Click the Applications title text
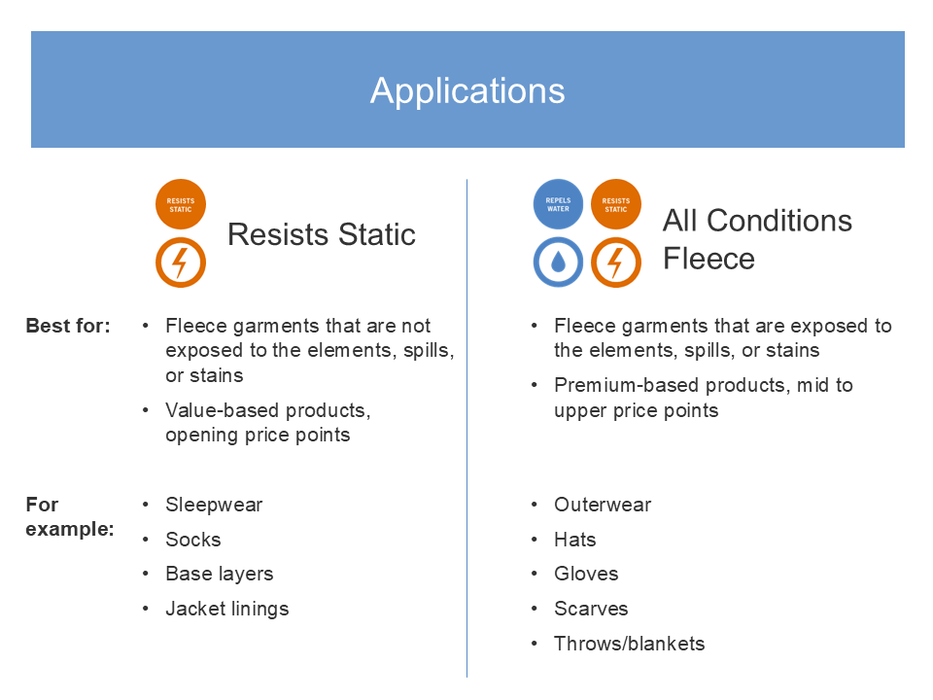pyautogui.click(x=467, y=91)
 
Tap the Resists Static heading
pyautogui.click(x=322, y=234)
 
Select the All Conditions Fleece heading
pyautogui.click(x=757, y=239)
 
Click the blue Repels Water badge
pyautogui.click(x=558, y=204)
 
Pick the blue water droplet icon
pyautogui.click(x=558, y=262)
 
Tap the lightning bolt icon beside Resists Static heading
pyautogui.click(x=181, y=262)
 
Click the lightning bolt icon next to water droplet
pyautogui.click(x=616, y=262)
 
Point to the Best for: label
pyautogui.click(x=68, y=326)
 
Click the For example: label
pyautogui.click(x=70, y=516)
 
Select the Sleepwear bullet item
pyautogui.click(x=214, y=505)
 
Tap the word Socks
pyautogui.click(x=193, y=540)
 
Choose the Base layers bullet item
pyautogui.click(x=220, y=574)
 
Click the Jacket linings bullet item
pyautogui.click(x=227, y=609)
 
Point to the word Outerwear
pyautogui.click(x=603, y=505)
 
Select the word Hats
pyautogui.click(x=575, y=540)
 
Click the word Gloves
pyautogui.click(x=587, y=574)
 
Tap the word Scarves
pyautogui.click(x=592, y=609)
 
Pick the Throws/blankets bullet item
pyautogui.click(x=630, y=644)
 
